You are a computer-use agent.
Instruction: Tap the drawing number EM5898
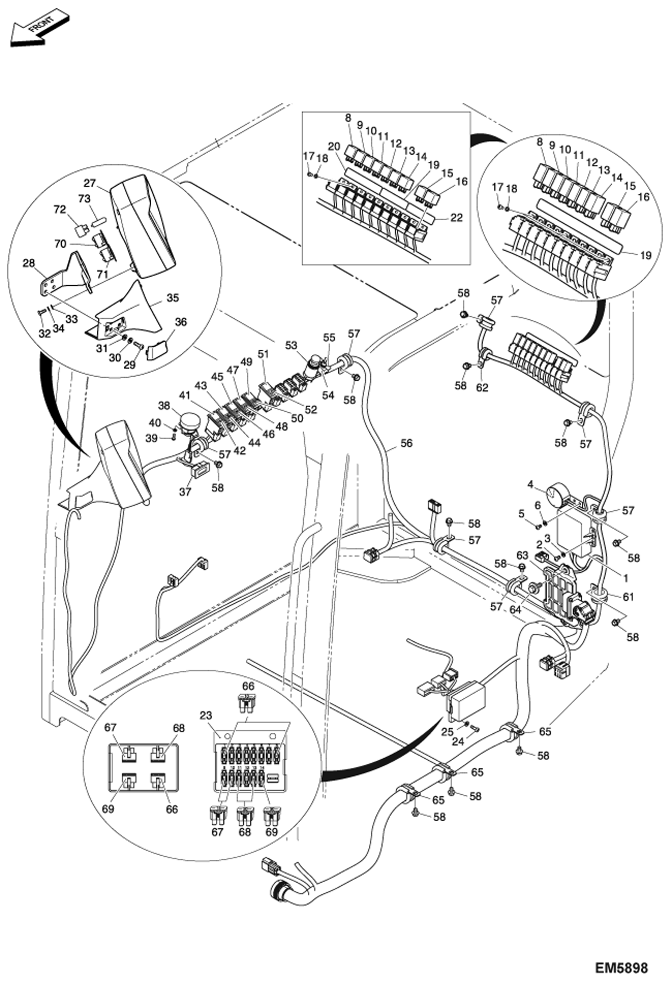pyautogui.click(x=622, y=968)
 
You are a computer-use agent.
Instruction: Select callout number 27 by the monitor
pyautogui.click(x=90, y=183)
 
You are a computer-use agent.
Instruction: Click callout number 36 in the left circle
pyautogui.click(x=181, y=322)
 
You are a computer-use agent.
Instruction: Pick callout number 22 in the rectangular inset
pyautogui.click(x=456, y=218)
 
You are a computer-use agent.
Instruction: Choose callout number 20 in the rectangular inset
pyautogui.click(x=334, y=146)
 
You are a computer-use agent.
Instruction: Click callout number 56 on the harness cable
pyautogui.click(x=406, y=443)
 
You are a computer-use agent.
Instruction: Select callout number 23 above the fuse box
pyautogui.click(x=206, y=715)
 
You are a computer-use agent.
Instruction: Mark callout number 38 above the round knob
pyautogui.click(x=164, y=405)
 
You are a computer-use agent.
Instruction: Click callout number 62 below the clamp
pyautogui.click(x=482, y=388)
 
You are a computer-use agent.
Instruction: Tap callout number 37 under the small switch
pyautogui.click(x=185, y=492)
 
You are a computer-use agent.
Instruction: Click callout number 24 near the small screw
pyautogui.click(x=458, y=742)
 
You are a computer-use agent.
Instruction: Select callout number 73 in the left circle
pyautogui.click(x=84, y=198)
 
